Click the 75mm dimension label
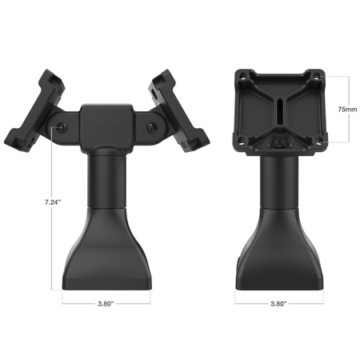coord(346,107)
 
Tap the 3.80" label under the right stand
coord(279,304)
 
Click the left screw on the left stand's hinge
coord(62,127)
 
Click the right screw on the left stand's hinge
coord(152,127)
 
